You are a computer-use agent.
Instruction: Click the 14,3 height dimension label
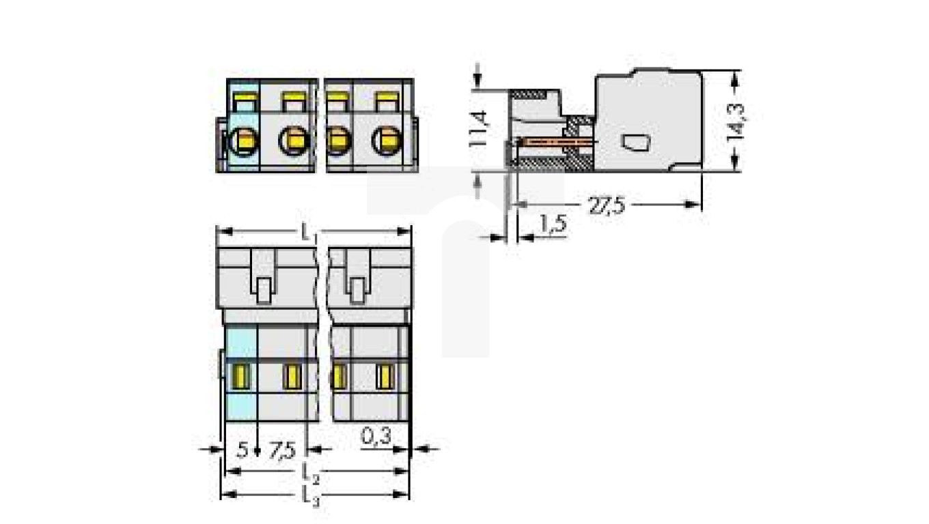coord(736,121)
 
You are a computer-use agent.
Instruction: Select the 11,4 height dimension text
coord(480,128)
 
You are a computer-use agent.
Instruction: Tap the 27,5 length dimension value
coord(607,206)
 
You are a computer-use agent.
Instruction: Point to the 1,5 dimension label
coord(553,224)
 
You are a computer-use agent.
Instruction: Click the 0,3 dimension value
coord(376,436)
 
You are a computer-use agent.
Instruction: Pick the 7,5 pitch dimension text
coord(282,450)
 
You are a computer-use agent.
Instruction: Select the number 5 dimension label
coord(242,450)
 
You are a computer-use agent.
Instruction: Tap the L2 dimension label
coord(310,474)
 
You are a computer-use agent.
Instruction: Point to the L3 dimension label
coord(310,496)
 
